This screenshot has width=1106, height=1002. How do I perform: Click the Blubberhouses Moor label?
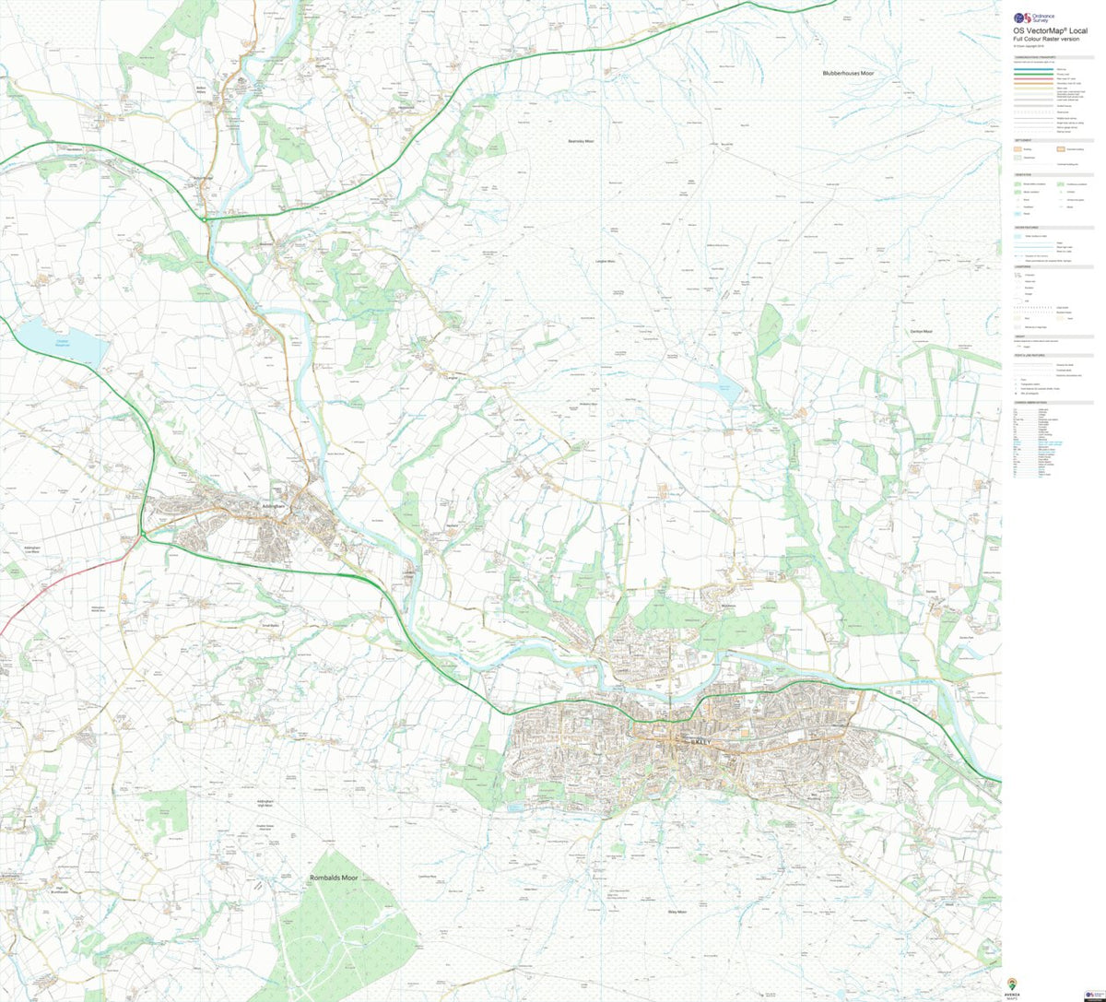point(854,72)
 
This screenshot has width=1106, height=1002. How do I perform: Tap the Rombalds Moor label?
point(333,878)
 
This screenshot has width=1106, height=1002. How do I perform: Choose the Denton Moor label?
point(922,331)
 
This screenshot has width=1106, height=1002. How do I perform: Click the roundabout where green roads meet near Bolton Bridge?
point(203,219)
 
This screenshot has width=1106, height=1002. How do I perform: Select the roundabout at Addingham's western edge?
point(144,536)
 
